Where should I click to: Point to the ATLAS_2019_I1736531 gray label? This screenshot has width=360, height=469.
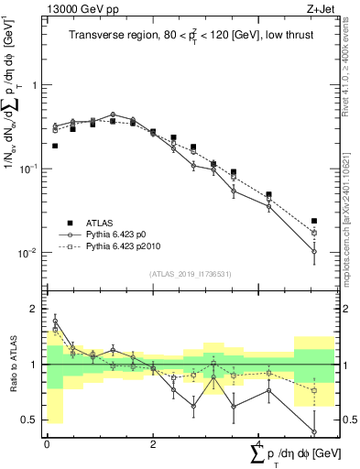pyautogui.click(x=190, y=273)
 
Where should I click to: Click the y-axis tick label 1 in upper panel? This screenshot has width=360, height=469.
pyautogui.click(x=36, y=85)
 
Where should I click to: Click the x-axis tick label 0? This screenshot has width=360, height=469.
pyautogui.click(x=47, y=443)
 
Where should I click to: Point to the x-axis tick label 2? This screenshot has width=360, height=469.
pyautogui.click(x=152, y=443)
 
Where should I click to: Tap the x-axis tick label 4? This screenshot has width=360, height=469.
pyautogui.click(x=258, y=443)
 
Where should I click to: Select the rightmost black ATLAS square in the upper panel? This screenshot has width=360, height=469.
pyautogui.click(x=314, y=221)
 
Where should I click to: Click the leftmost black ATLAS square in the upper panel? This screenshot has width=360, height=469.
pyautogui.click(x=55, y=146)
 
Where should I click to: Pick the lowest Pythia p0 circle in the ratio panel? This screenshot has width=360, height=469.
pyautogui.click(x=314, y=431)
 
